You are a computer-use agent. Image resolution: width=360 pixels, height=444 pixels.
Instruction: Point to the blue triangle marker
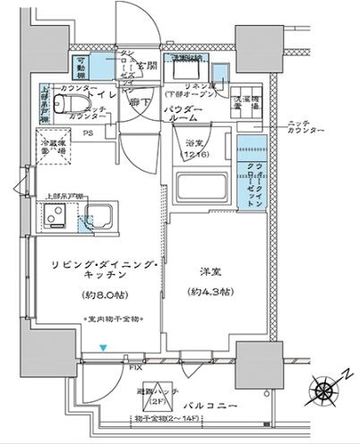point(104,347)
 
